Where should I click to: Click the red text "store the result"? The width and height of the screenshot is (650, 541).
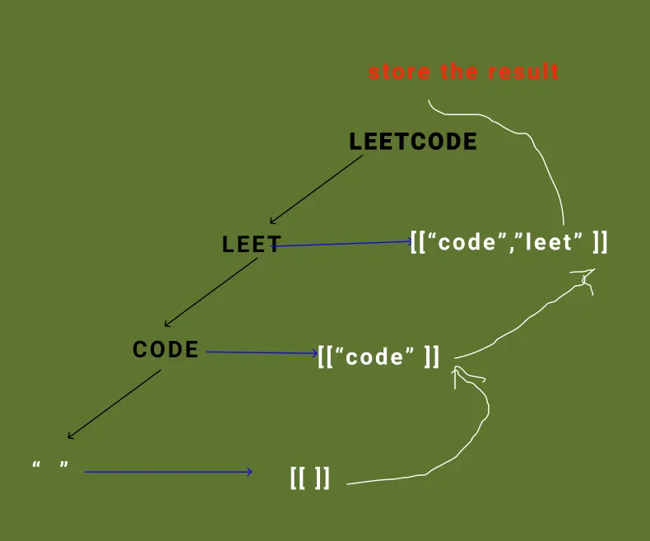tap(463, 72)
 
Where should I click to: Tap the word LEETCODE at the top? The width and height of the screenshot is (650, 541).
tap(413, 142)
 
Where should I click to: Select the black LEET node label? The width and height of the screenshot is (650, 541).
tap(251, 244)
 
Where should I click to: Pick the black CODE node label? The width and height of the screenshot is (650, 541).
tap(165, 350)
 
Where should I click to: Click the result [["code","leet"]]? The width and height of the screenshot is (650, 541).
tap(508, 243)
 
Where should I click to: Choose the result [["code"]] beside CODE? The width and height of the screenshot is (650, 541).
tap(378, 357)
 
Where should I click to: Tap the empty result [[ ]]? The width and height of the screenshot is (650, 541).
tap(310, 478)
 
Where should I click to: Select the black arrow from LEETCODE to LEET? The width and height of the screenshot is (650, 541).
tap(316, 189)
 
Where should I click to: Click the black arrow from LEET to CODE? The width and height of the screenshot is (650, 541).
tap(211, 291)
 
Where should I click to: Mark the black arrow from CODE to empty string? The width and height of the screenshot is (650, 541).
tap(114, 403)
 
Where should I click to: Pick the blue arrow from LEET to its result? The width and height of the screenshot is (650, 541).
tap(341, 244)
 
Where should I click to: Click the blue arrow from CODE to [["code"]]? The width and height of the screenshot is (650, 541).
tap(261, 353)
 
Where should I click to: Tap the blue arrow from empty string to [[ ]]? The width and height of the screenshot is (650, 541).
tap(169, 472)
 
